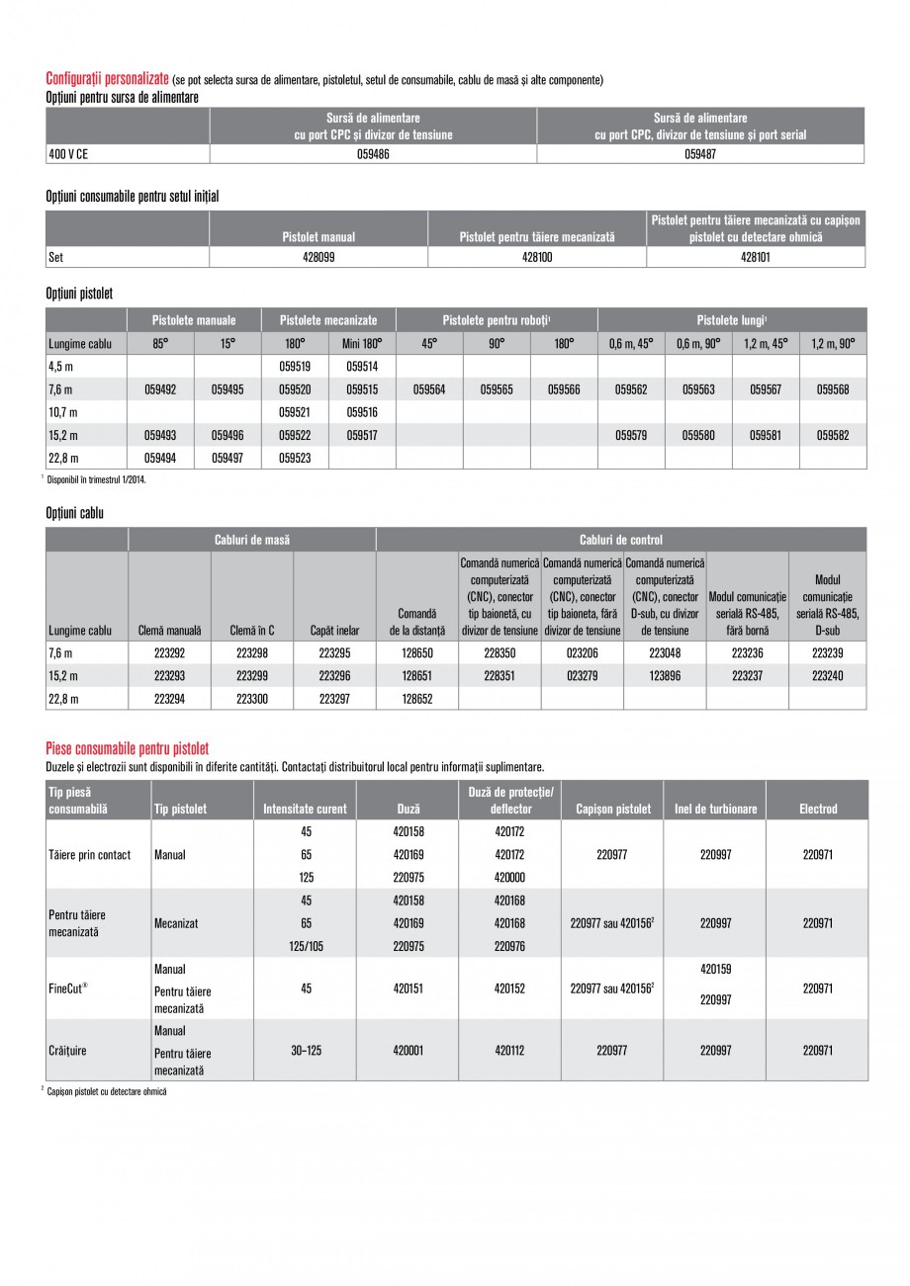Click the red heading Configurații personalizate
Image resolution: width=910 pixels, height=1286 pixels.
108,79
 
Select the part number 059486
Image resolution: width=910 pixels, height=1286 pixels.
373,154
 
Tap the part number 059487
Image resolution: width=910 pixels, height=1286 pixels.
700,154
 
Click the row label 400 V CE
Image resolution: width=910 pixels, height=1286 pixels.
68,154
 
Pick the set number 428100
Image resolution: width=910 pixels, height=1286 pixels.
537,257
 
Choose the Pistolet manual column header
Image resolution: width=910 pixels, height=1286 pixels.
318,237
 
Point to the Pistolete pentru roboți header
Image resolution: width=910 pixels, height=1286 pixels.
497,320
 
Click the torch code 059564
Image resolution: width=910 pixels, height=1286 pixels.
429,389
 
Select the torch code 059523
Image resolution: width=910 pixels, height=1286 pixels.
295,458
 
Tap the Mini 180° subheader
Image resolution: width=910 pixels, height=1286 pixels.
362,343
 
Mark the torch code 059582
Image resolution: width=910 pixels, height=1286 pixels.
833,434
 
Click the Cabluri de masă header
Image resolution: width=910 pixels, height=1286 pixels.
252,540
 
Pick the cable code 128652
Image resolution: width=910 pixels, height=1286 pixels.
416,698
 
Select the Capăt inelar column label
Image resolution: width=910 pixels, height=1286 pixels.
334,630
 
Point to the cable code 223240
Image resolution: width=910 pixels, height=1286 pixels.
827,675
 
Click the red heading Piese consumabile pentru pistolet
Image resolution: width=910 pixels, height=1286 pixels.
128,749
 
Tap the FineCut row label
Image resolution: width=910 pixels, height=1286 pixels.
68,986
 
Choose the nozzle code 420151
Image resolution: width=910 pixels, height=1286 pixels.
408,986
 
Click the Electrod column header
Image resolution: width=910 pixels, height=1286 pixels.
817,809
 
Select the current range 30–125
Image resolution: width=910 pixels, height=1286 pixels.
306,1051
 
